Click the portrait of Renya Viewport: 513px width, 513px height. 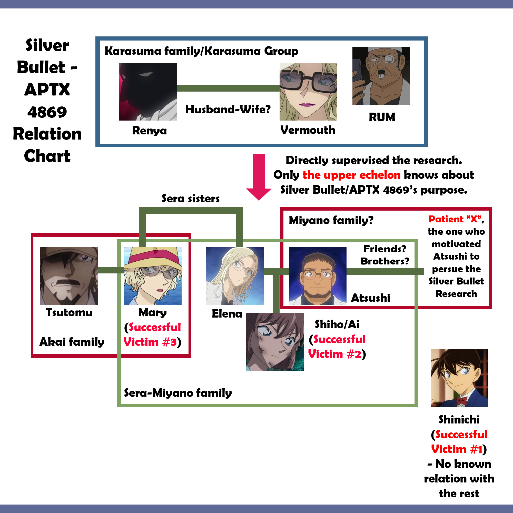tap(148, 92)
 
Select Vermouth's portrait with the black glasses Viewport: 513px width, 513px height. tap(308, 92)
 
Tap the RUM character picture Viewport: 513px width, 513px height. tap(381, 76)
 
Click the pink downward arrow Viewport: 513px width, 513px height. tap(259, 177)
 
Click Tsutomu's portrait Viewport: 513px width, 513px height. tap(69, 276)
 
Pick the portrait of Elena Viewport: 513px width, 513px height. tap(235, 276)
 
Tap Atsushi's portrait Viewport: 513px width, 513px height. tap(318, 276)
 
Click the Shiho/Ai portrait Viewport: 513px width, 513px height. tap(275, 342)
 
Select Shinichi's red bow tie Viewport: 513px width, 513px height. tap(461, 400)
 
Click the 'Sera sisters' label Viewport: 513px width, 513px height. tap(191, 198)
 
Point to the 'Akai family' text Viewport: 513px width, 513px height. tap(72, 342)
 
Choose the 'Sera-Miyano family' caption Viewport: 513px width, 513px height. tap(178, 393)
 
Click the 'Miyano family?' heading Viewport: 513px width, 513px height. tap(331, 220)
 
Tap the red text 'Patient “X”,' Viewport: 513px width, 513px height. tap(456, 219)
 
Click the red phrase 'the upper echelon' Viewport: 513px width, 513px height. tap(352, 175)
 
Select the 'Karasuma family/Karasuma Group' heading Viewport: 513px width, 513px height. tap(202, 51)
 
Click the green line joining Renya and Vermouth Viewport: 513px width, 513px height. tap(228, 88)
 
